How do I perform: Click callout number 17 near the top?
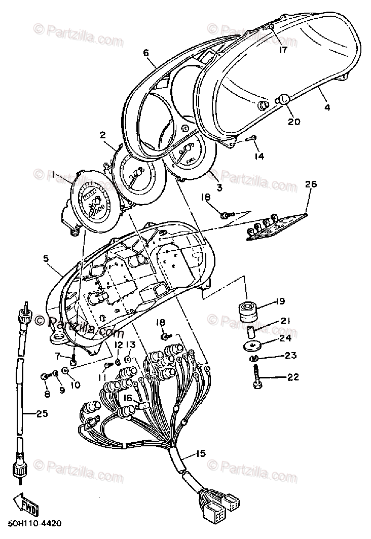(x=282, y=50)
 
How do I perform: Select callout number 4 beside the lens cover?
(x=327, y=107)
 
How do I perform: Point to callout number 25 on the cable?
(x=43, y=414)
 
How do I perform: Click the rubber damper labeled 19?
(x=248, y=311)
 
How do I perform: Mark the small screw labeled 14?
(x=251, y=138)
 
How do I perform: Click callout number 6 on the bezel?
(x=146, y=52)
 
